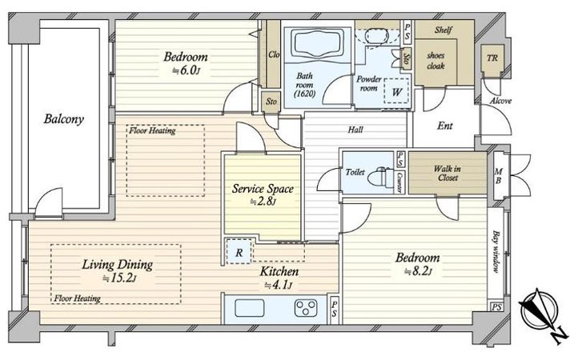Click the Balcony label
(x=63, y=119)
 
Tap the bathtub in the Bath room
(x=318, y=43)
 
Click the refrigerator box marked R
(x=239, y=252)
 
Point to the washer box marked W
(x=396, y=90)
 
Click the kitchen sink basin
(x=249, y=308)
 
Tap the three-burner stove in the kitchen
(x=306, y=308)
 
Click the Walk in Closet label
(x=448, y=174)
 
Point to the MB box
(x=499, y=175)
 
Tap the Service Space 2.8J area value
(x=263, y=202)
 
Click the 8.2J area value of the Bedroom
(x=418, y=271)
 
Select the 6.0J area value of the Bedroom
(x=185, y=70)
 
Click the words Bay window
(x=496, y=251)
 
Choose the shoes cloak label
(x=435, y=61)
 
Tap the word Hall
(x=355, y=130)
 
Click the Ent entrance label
(x=445, y=126)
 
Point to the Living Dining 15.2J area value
(x=118, y=278)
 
